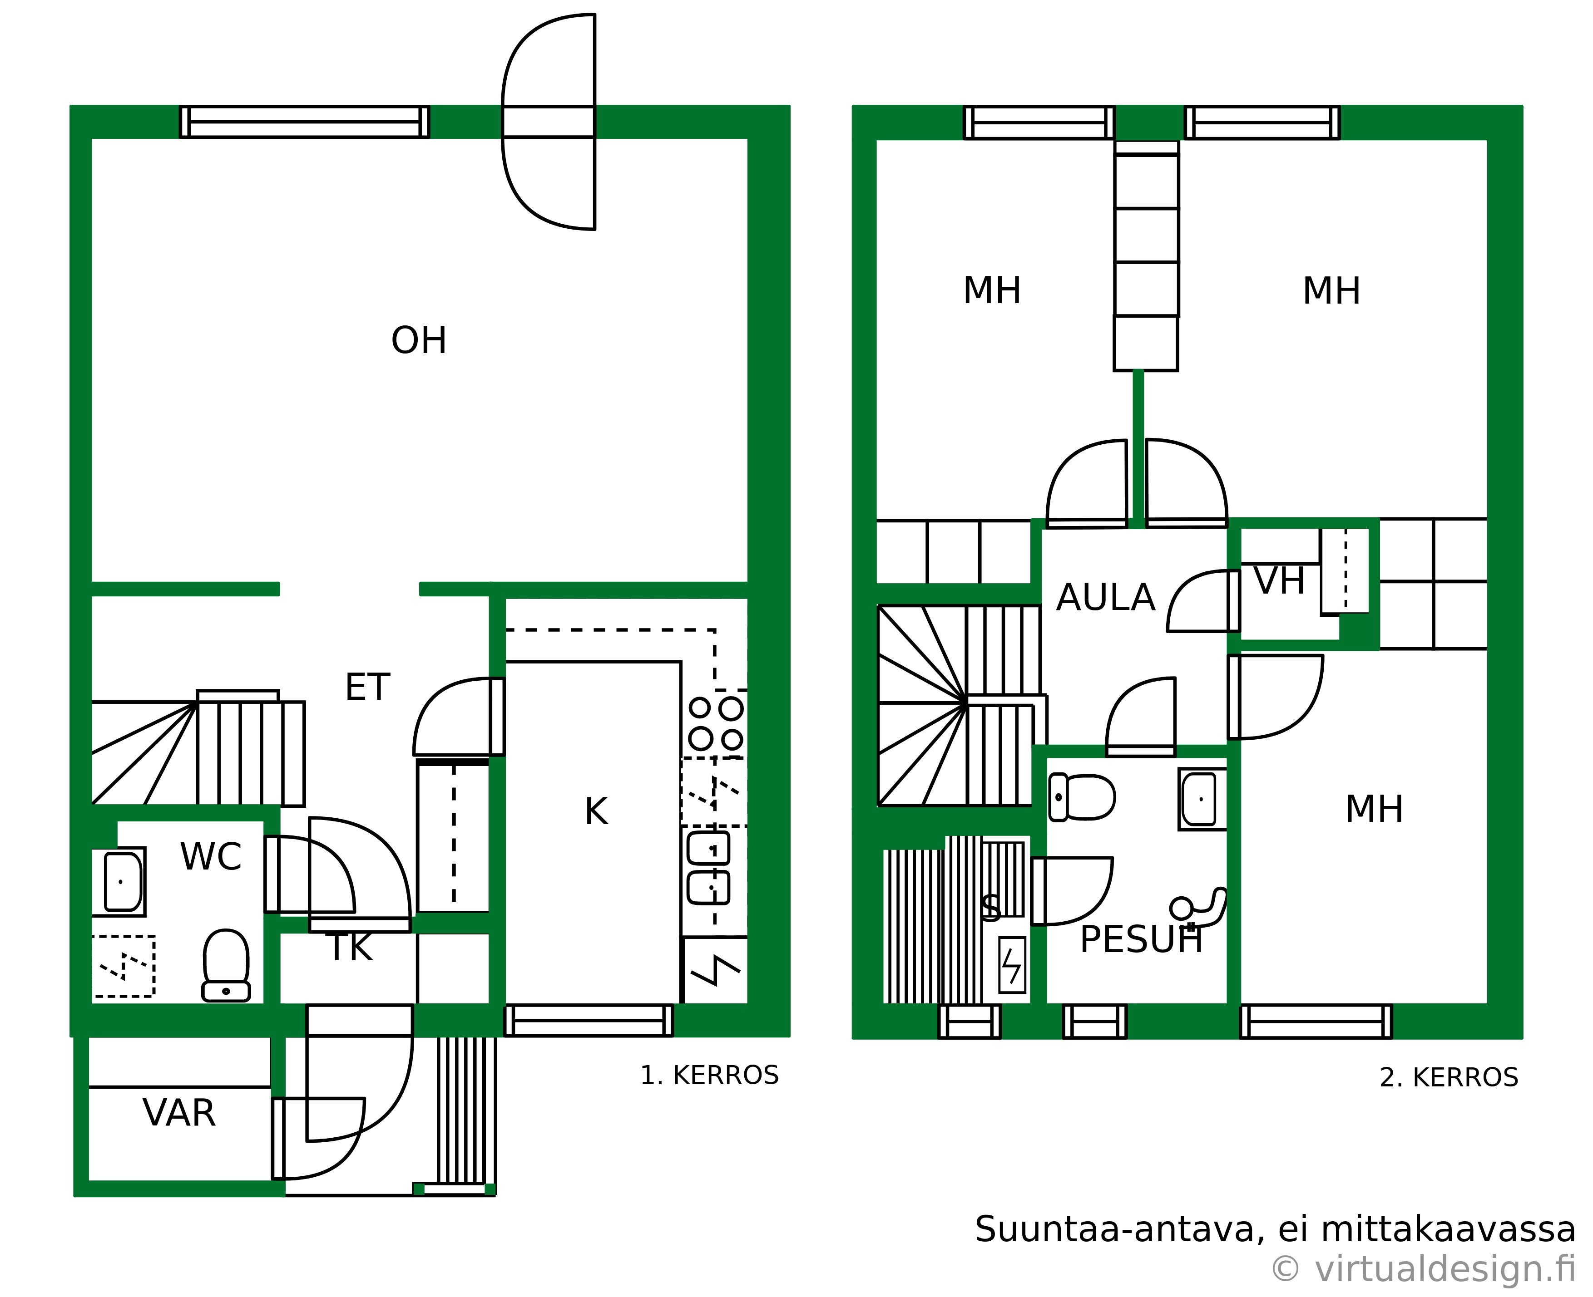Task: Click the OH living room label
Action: (419, 341)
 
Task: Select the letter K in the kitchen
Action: (596, 811)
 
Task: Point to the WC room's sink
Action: (119, 882)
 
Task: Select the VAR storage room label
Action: (179, 1113)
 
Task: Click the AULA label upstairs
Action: (1106, 598)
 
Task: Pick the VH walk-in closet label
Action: (1279, 581)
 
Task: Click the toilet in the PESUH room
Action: (1082, 797)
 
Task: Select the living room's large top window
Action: (304, 122)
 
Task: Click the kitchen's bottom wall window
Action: (589, 1021)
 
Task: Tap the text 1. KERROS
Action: (709, 1076)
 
